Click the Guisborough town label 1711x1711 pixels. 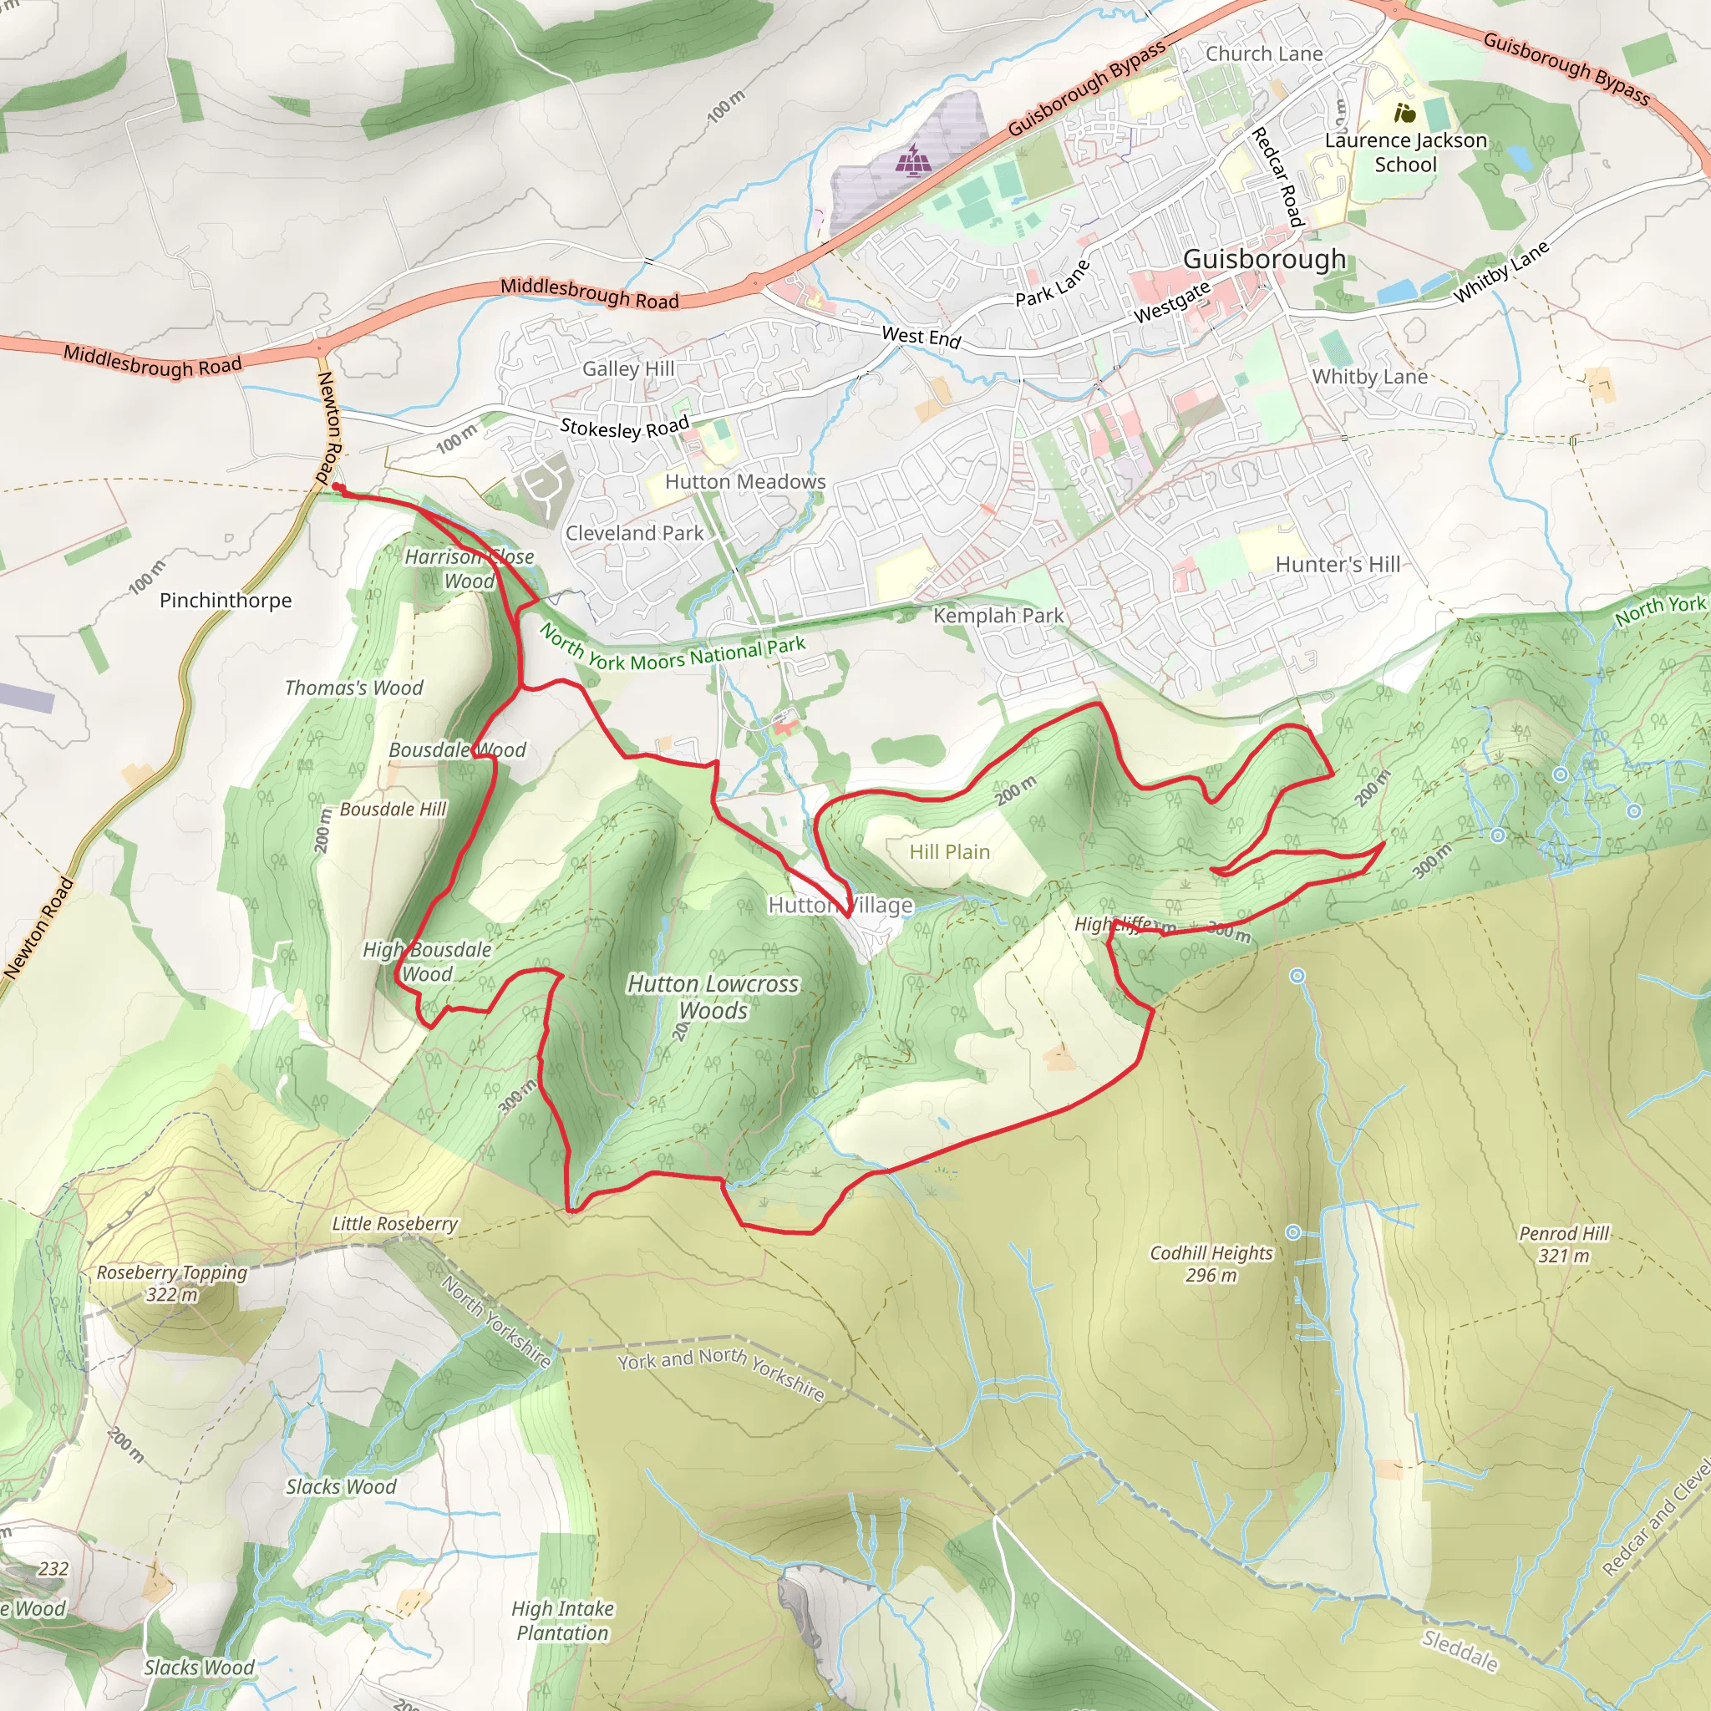tap(1264, 260)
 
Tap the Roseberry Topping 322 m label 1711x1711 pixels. tap(172, 1283)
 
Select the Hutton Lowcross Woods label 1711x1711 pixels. tap(713, 998)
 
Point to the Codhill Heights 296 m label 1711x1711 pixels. tap(1211, 1264)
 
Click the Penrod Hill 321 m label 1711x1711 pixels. tap(1563, 1244)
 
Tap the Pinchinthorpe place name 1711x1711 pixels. tap(225, 601)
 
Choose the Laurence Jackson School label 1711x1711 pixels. tap(1405, 152)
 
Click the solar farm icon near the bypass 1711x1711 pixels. tap(911, 160)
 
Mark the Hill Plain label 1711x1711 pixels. tap(949, 852)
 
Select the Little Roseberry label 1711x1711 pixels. tap(395, 1224)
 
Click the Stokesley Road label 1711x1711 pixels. tap(624, 428)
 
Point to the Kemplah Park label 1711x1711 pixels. tap(998, 616)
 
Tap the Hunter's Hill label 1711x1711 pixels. tap(1338, 565)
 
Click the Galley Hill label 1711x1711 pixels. tap(628, 368)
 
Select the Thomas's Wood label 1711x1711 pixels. tap(353, 688)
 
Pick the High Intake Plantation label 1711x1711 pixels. tap(562, 1621)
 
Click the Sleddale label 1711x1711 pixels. tap(1460, 1651)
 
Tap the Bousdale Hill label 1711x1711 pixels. tap(393, 810)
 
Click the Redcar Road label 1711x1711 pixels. tap(1277, 176)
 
